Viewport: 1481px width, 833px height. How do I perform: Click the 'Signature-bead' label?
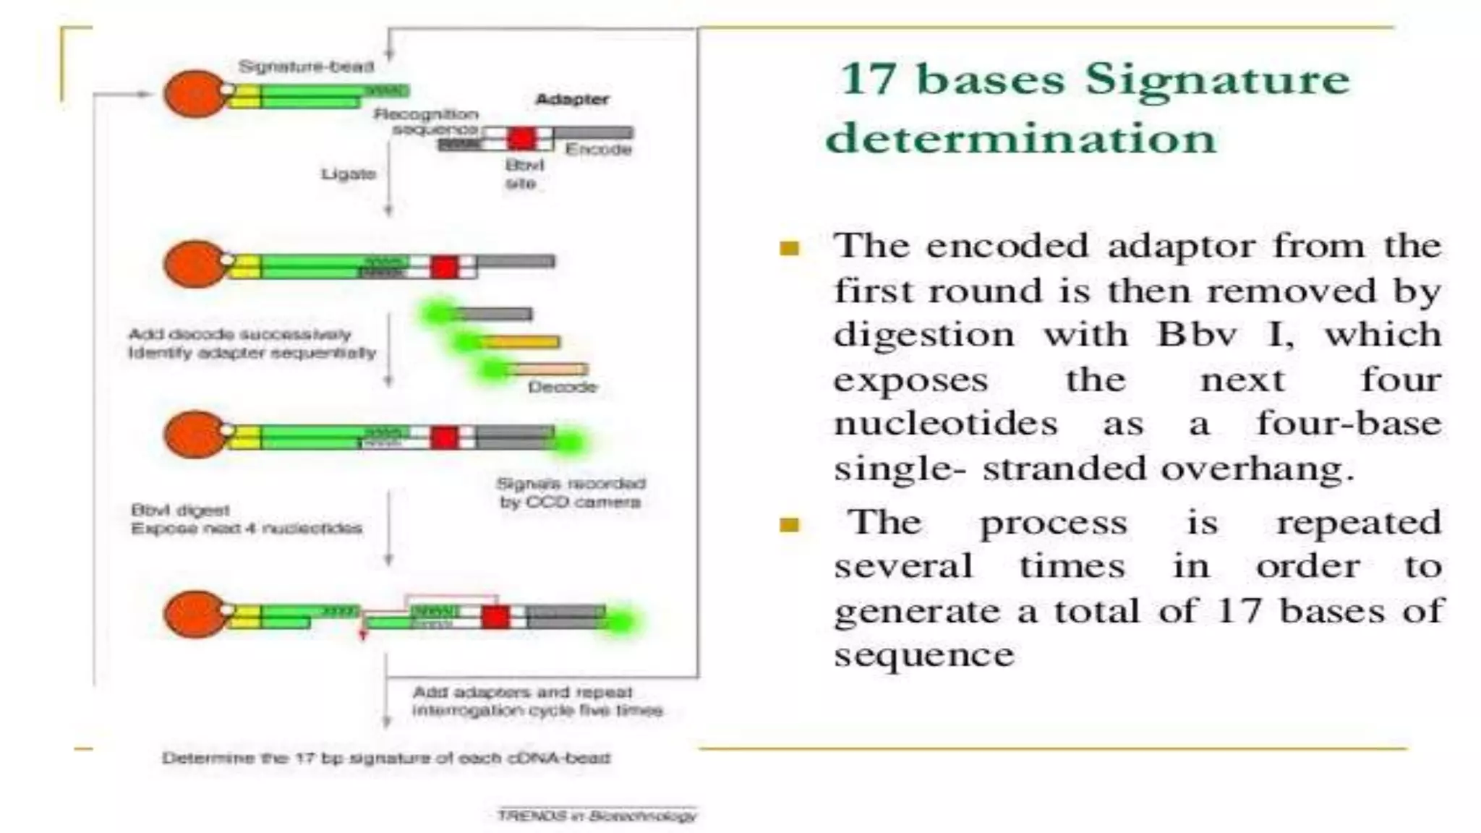point(306,67)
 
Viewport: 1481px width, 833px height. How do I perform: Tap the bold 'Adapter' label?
point(571,99)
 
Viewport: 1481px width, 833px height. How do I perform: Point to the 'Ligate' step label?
point(349,174)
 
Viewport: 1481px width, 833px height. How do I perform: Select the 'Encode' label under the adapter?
point(598,150)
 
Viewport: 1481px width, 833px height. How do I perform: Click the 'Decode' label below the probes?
point(563,387)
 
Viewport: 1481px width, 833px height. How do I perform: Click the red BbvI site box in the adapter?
point(521,137)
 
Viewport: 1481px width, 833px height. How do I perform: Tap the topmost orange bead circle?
point(194,93)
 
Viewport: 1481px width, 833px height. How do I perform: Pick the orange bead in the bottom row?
point(194,615)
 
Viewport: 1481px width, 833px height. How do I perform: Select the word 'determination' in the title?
point(1021,137)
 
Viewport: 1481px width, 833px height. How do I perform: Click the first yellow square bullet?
point(789,249)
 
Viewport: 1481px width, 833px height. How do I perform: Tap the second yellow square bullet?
point(789,524)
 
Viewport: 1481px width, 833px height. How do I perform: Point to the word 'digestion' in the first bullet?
point(923,335)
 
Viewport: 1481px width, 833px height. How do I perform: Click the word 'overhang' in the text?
point(1257,469)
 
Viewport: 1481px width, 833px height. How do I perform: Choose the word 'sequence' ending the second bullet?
point(923,655)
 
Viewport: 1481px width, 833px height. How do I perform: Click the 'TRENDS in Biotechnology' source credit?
point(597,816)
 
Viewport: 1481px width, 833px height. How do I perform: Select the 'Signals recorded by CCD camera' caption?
point(570,492)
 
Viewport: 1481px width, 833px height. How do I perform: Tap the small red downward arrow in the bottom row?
point(364,634)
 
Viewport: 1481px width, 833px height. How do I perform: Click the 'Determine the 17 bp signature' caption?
point(386,759)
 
